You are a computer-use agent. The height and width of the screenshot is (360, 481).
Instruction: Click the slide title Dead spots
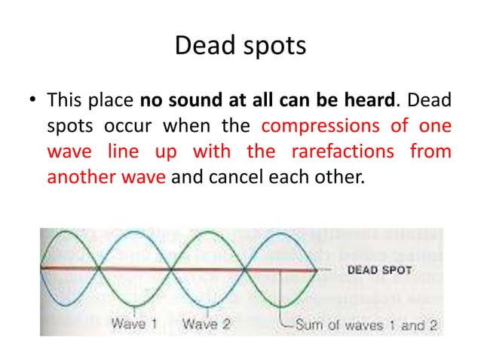[x=240, y=46]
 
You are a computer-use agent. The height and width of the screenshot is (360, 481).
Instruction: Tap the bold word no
[x=150, y=100]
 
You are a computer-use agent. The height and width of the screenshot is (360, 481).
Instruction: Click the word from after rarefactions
[x=431, y=153]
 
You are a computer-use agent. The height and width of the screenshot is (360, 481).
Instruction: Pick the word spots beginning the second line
[x=67, y=127]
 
